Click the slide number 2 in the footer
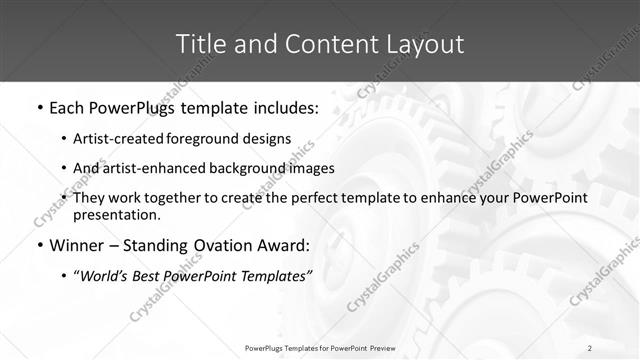[x=590, y=348]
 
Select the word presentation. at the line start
[x=115, y=214]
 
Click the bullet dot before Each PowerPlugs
[x=39, y=107]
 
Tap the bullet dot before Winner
[x=39, y=245]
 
